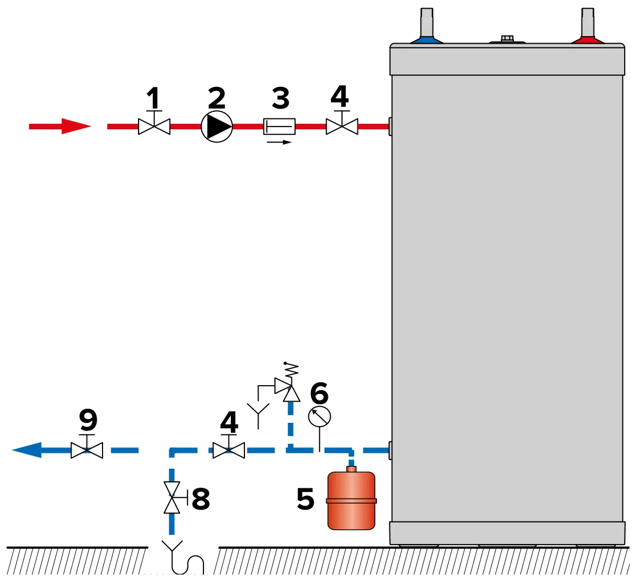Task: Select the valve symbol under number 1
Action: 154,127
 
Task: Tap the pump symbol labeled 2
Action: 217,127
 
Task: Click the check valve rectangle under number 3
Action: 279,127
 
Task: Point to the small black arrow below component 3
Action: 279,142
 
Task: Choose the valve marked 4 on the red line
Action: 342,127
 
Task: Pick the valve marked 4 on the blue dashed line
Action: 229,450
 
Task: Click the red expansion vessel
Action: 351,499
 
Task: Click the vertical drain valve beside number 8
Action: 172,498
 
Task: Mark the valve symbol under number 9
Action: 87,450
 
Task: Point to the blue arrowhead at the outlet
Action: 27,450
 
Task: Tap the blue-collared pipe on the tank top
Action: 427,27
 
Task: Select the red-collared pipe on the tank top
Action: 588,27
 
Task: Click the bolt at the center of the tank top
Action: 507,39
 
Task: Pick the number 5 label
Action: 305,498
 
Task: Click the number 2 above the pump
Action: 217,98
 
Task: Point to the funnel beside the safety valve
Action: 257,409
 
